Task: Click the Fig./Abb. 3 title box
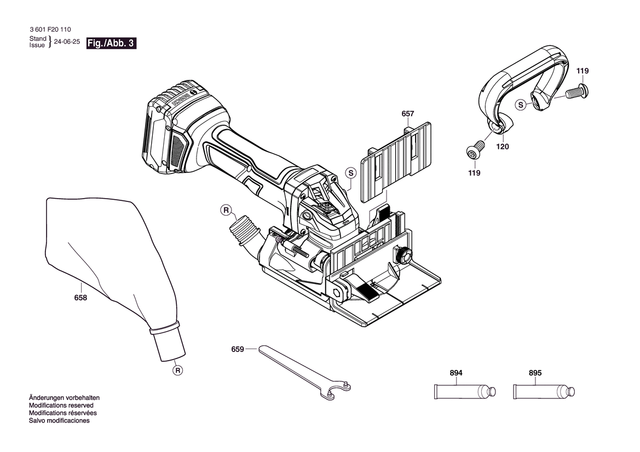pyautogui.click(x=111, y=43)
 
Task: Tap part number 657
pyautogui.click(x=408, y=114)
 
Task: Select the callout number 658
pyautogui.click(x=80, y=298)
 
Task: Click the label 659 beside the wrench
pyautogui.click(x=238, y=349)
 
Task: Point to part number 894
pyautogui.click(x=456, y=373)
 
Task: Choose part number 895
pyautogui.click(x=535, y=373)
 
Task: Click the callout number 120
pyautogui.click(x=503, y=147)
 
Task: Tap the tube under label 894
pyautogui.click(x=464, y=392)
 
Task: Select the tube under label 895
pyautogui.click(x=544, y=392)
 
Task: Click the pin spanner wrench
pyautogui.click(x=304, y=371)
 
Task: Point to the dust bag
pyautogui.click(x=112, y=278)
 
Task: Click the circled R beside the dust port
pyautogui.click(x=226, y=211)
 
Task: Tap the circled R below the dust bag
pyautogui.click(x=177, y=370)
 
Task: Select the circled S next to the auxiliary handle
pyautogui.click(x=521, y=105)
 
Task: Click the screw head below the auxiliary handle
pyautogui.click(x=475, y=152)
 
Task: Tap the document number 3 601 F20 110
pyautogui.click(x=50, y=30)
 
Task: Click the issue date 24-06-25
pyautogui.click(x=67, y=42)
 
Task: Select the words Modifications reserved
pyautogui.click(x=61, y=405)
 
